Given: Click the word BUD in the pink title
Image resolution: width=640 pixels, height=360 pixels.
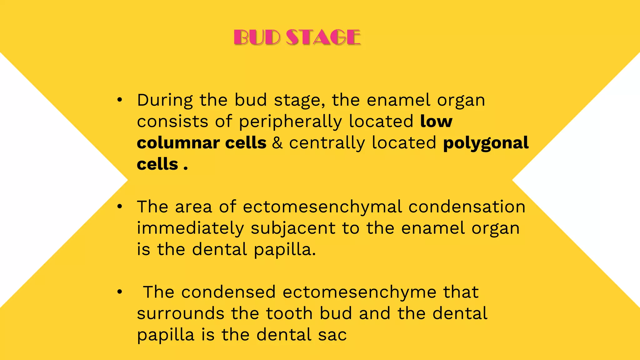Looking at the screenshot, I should pyautogui.click(x=257, y=37).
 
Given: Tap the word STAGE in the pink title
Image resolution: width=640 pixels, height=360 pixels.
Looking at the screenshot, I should pyautogui.click(x=323, y=37).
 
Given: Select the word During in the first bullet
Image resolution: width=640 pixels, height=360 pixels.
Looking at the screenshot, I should pyautogui.click(x=165, y=100).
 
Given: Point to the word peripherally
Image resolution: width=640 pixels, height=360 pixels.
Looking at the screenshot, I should pyautogui.click(x=290, y=122).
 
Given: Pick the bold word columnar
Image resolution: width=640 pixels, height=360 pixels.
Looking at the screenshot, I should pyautogui.click(x=178, y=143).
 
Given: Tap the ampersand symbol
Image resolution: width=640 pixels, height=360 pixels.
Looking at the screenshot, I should pyautogui.click(x=277, y=143).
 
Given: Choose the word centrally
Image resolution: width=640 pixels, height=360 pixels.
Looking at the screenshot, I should pyautogui.click(x=327, y=143).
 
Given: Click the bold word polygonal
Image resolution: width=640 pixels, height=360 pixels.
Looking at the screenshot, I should pyautogui.click(x=486, y=143).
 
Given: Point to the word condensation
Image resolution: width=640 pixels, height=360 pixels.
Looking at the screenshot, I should pyautogui.click(x=467, y=207).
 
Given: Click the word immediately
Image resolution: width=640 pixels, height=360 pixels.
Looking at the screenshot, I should pyautogui.click(x=190, y=228).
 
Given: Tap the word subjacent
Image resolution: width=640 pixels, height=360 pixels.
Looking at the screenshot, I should pyautogui.click(x=293, y=228).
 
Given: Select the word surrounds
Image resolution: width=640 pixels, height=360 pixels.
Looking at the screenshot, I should pyautogui.click(x=180, y=313).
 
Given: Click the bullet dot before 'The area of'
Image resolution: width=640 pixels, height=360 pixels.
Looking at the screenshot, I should pyautogui.click(x=119, y=207).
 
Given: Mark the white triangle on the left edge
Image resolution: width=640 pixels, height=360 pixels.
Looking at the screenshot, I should pyautogui.click(x=47, y=180).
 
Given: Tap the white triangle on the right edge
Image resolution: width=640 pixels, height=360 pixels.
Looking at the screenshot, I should pyautogui.click(x=594, y=180).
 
